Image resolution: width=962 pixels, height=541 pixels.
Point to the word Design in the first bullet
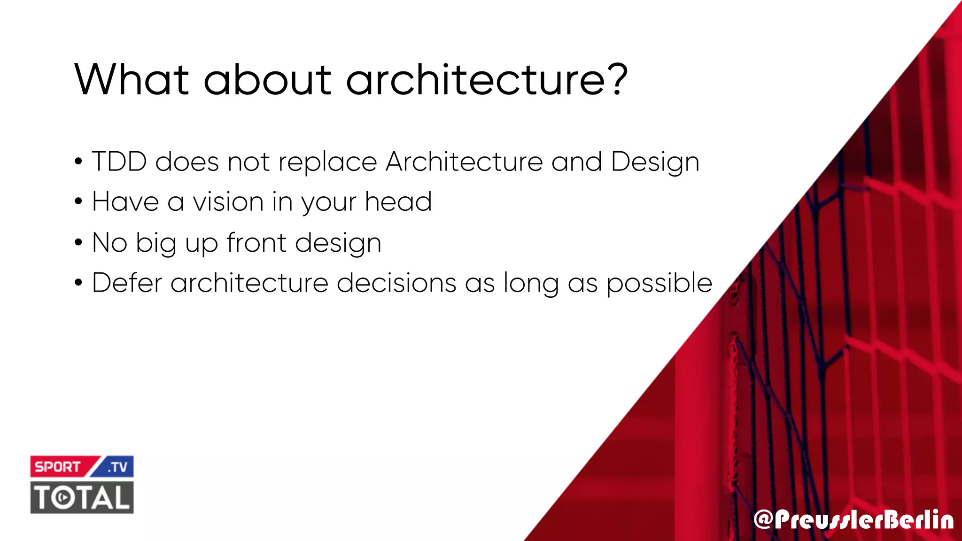point(655,162)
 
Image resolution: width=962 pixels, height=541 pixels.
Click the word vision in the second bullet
point(228,202)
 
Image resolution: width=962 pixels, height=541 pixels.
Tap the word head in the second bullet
point(398,202)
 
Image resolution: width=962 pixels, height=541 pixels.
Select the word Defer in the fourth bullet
point(127,283)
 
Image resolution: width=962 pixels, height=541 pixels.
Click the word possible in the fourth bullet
point(659,284)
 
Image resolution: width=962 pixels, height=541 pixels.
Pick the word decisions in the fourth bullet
point(396,283)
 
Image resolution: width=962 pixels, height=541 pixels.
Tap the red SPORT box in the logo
point(59,467)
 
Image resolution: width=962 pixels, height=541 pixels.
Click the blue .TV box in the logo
point(117,467)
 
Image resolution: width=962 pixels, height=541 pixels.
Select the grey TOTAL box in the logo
point(82,497)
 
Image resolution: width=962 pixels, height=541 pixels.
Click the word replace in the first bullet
point(328,162)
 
